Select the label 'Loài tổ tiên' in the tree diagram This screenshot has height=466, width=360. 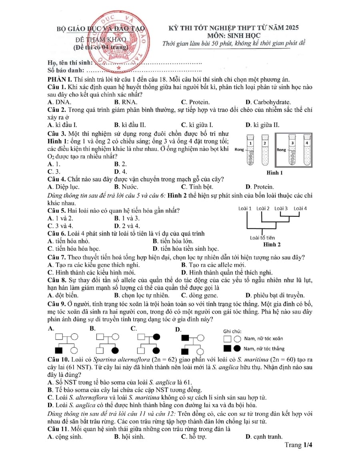coord(262,238)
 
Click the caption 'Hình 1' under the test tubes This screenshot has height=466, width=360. coord(274,173)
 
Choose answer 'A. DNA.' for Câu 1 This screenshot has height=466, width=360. coord(60,102)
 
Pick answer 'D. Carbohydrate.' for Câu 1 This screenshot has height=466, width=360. coord(268,102)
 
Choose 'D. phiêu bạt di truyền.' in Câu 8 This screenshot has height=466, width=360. coord(275,296)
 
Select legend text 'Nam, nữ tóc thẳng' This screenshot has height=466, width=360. coord(264,349)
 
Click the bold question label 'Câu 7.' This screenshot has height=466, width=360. coord(57,257)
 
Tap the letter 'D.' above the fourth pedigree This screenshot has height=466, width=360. coord(178,330)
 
